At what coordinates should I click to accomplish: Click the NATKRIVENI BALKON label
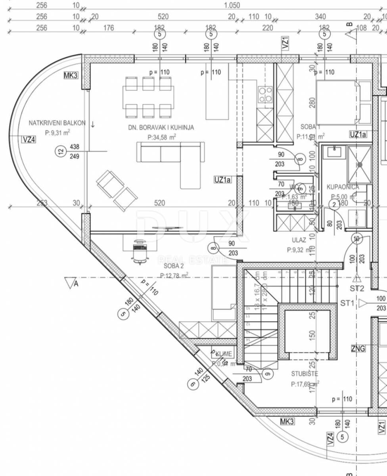57,123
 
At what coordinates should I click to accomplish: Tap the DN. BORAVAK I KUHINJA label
161,127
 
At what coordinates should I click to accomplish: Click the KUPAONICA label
343,187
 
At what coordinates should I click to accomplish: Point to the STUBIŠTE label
305,374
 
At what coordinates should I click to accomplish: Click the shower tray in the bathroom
360,164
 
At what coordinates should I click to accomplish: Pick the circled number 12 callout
60,151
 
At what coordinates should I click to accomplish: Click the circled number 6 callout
193,384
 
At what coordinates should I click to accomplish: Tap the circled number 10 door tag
356,239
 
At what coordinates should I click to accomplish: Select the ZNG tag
358,348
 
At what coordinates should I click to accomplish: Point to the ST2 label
357,288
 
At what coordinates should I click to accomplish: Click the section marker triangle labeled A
70,282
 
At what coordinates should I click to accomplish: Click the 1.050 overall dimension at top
232,6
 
